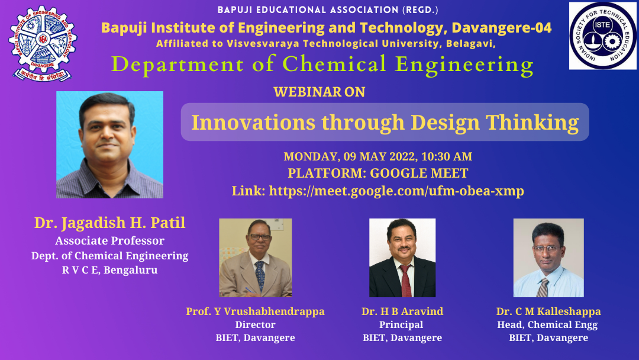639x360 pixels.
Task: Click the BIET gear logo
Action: pos(43,43)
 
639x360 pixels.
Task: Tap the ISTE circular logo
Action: pos(602,36)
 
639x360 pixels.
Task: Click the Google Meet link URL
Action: pos(396,191)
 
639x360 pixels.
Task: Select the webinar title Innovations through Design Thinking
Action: pos(385,123)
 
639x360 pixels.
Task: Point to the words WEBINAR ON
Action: pos(319,92)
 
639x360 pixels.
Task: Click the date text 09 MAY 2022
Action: pos(379,156)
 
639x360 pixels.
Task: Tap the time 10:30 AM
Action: pos(447,156)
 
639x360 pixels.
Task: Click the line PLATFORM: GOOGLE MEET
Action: pos(377,173)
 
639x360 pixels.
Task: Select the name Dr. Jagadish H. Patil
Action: pos(109,223)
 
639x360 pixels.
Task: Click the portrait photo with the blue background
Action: pos(109,144)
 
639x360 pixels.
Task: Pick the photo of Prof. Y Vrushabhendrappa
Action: pos(256,258)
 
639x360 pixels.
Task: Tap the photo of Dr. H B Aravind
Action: pos(402,258)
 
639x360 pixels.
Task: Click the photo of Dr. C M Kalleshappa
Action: pos(548,258)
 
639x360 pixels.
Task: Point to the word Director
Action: pos(255,325)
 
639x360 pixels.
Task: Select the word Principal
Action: pos(401,325)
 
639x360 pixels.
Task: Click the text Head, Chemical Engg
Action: pos(547,325)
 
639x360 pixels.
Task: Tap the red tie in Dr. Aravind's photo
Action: pos(405,281)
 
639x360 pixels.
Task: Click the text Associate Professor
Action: pos(109,241)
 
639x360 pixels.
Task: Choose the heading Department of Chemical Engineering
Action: pos(322,65)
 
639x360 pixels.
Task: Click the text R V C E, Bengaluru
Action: pos(109,271)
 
